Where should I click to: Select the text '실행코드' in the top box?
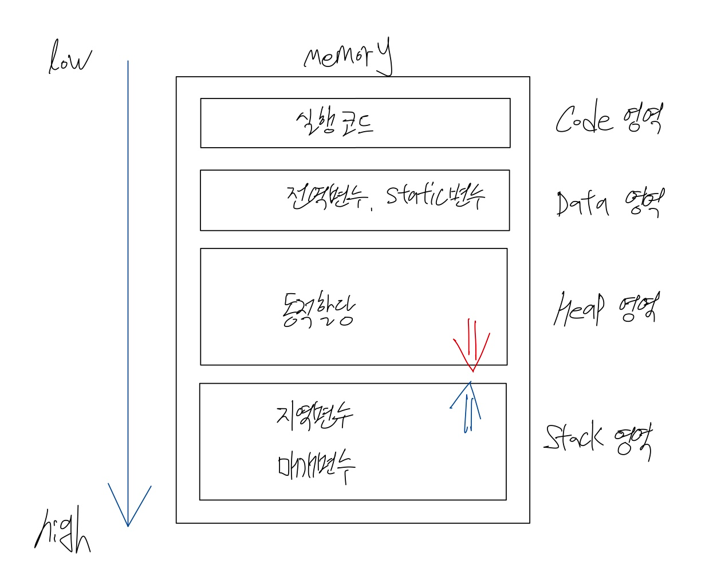click(334, 123)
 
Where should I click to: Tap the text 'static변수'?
click(435, 196)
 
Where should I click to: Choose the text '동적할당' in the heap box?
click(318, 310)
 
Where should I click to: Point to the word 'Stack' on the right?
click(573, 437)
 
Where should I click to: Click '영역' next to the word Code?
click(645, 118)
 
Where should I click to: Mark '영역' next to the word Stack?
click(634, 441)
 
